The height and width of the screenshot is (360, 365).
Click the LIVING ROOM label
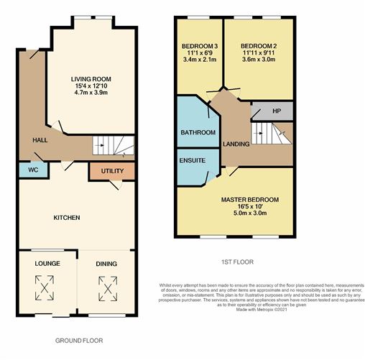[x=90, y=79]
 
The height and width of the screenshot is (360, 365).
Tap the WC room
[x=32, y=170]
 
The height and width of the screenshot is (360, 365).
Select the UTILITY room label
[x=112, y=171]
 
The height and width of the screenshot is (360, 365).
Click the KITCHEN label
[x=66, y=218]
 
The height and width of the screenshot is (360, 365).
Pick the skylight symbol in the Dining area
[x=106, y=290]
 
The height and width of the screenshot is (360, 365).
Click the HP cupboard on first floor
[x=277, y=111]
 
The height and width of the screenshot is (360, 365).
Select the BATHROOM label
[x=198, y=133]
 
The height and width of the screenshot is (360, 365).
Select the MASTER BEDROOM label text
[x=249, y=199]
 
